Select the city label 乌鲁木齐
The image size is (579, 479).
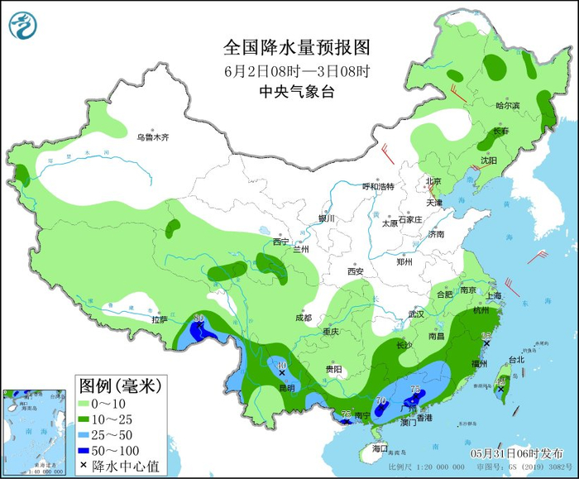[152, 137]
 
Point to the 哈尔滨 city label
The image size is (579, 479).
[507, 106]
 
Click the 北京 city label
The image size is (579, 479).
[433, 182]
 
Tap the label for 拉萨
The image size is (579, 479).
[160, 319]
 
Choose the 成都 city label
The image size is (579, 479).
[303, 318]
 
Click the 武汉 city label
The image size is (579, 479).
[415, 314]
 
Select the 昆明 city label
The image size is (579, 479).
[286, 388]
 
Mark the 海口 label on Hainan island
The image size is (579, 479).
[380, 448]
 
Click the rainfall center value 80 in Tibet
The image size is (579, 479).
[199, 318]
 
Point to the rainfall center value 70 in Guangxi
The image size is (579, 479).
[381, 402]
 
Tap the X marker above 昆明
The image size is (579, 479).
[282, 374]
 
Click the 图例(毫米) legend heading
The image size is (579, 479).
[120, 386]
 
